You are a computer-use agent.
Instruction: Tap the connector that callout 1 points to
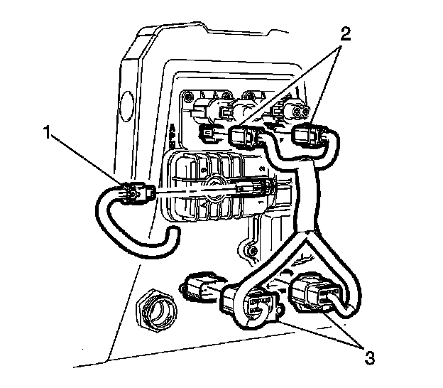click(x=134, y=193)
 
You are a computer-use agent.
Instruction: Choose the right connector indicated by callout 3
click(x=312, y=292)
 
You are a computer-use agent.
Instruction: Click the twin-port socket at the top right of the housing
click(x=292, y=109)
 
